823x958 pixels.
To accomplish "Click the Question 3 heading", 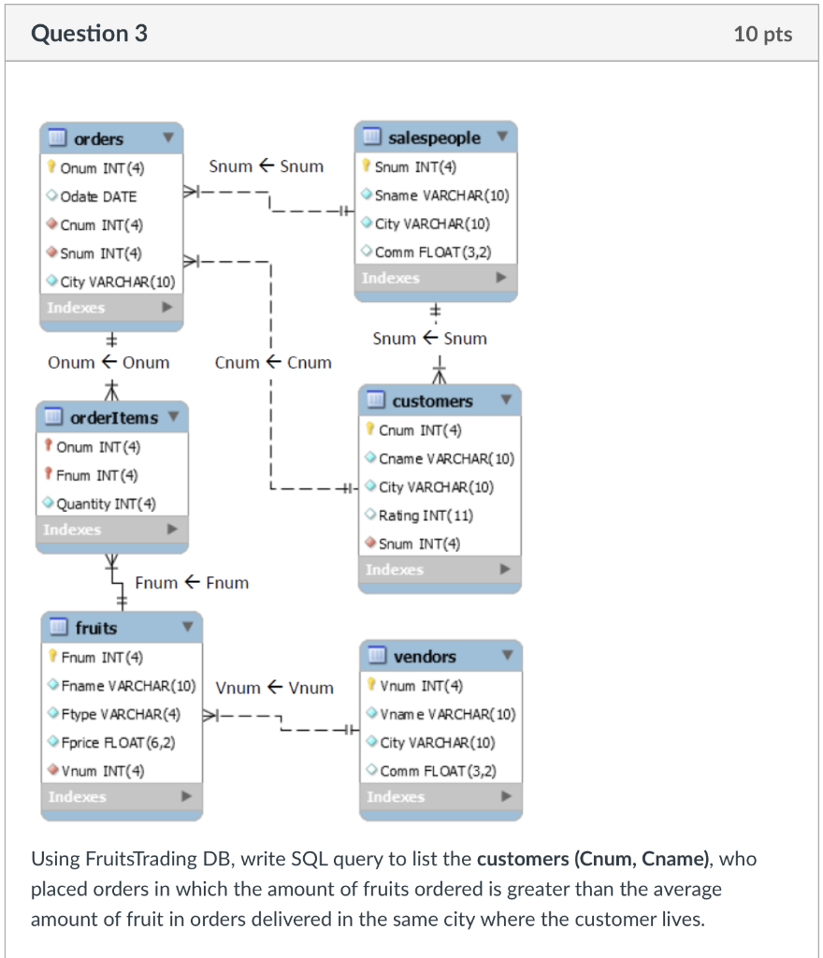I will click(90, 34).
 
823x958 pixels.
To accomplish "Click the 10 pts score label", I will click(763, 35).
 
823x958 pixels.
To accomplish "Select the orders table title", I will click(98, 138).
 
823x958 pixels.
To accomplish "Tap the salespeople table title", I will click(434, 138).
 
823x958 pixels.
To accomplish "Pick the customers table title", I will click(432, 400).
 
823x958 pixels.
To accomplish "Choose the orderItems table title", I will click(114, 417).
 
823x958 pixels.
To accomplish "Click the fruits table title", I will click(96, 628).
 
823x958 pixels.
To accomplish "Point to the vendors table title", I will click(425, 657).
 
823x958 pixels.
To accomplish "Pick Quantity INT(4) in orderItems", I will click(106, 503).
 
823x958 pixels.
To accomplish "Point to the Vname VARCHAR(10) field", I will click(447, 714).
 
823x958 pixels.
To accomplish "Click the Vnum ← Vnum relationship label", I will click(274, 688).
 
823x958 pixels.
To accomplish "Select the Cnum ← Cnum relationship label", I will click(272, 362).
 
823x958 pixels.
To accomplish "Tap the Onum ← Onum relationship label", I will click(108, 362).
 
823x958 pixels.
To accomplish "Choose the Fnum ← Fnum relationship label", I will click(192, 583).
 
